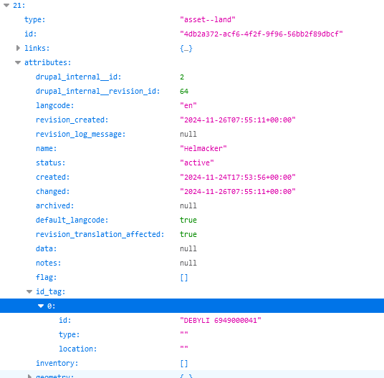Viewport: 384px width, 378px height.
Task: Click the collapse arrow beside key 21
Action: click(6, 6)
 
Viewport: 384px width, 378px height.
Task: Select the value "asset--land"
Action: click(208, 19)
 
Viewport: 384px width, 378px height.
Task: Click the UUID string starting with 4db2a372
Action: click(261, 34)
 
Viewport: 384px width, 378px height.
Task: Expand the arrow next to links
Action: click(18, 48)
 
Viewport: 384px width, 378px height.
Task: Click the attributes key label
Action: click(48, 62)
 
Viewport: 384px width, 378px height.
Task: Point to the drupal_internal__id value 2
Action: click(182, 77)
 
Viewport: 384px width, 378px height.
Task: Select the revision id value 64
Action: click(184, 91)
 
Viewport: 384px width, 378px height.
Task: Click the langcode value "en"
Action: click(188, 105)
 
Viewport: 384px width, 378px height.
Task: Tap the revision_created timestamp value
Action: click(238, 120)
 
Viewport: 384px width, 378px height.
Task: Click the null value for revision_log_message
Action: click(188, 134)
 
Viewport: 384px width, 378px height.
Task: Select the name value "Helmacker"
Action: click(203, 148)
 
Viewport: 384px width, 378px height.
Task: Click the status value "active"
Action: click(197, 163)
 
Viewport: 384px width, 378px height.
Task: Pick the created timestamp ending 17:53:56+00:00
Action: click(238, 177)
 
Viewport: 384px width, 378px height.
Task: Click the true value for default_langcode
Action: click(188, 220)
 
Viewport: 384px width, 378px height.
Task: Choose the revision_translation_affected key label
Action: click(100, 234)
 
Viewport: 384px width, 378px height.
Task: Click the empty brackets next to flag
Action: click(184, 278)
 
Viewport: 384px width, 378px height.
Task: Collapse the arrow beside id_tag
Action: click(29, 291)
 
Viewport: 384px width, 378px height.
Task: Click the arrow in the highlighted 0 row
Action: click(41, 306)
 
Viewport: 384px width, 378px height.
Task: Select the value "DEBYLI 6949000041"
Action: click(221, 320)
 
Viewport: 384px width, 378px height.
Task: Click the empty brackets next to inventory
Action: click(184, 363)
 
